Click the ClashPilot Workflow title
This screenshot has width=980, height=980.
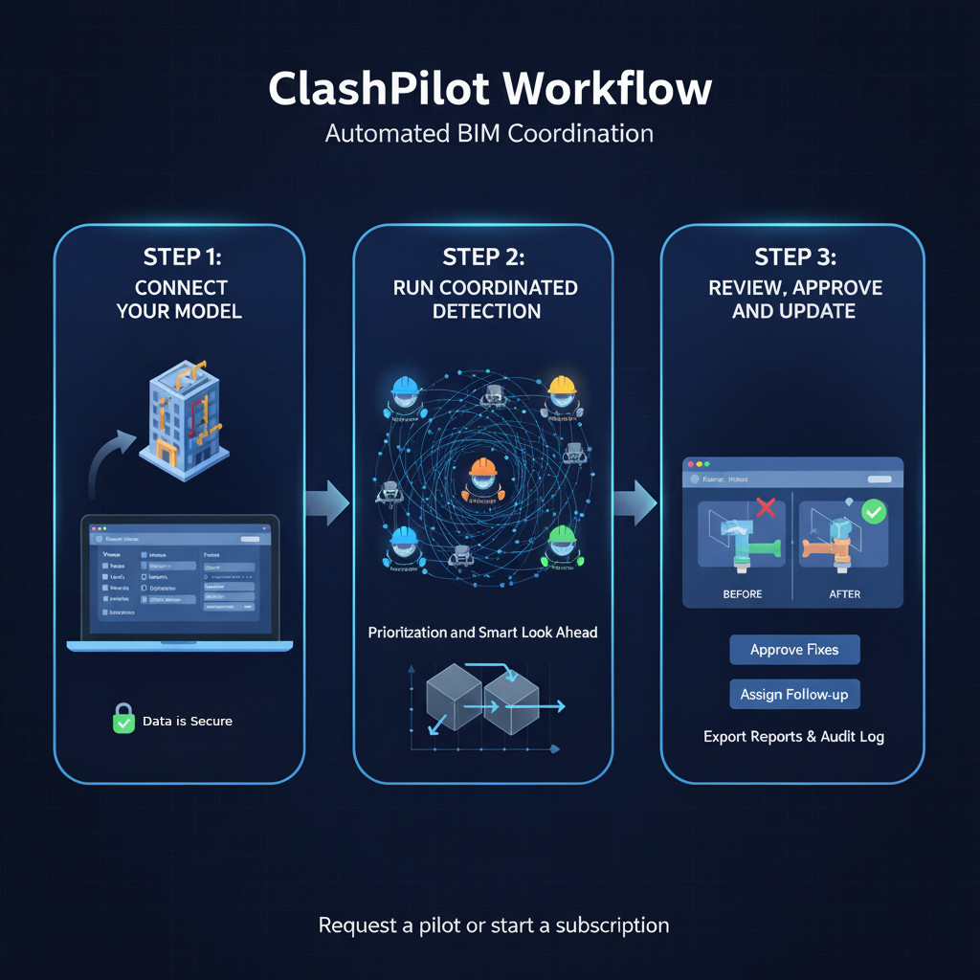[490, 89]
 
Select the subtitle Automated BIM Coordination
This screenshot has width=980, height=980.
[489, 133]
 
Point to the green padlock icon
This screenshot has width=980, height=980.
[124, 719]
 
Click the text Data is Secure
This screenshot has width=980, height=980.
[188, 721]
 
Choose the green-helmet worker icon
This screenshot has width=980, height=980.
[561, 546]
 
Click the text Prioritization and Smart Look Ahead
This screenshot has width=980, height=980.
[483, 633]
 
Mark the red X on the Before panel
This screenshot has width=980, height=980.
[766, 507]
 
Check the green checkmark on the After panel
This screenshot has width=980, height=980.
[873, 512]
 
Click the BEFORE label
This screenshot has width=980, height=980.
[743, 594]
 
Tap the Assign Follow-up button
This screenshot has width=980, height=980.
[794, 695]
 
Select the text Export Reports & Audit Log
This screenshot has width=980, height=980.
[793, 737]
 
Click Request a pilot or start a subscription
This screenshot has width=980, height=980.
[494, 925]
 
